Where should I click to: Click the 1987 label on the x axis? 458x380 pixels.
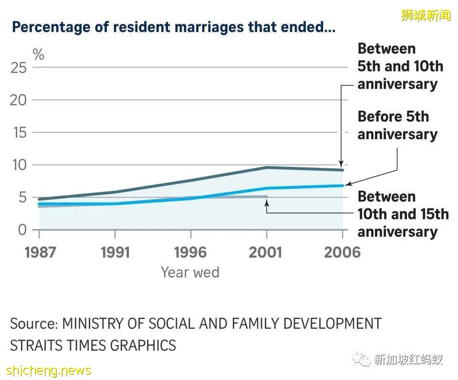coord(40,252)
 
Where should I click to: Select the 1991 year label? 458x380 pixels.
coord(115,252)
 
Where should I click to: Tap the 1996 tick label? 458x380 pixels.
coord(191,252)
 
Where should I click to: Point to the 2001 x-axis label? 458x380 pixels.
coord(266,252)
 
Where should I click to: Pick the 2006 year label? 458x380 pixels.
coord(342,252)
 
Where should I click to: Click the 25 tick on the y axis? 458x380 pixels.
coord(19,68)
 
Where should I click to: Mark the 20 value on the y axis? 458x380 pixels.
coord(19,100)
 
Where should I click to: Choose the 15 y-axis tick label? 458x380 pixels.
coord(19,133)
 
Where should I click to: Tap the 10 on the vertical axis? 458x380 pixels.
coord(19,165)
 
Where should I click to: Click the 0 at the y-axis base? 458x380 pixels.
coord(22,230)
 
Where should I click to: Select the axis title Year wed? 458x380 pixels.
coord(190,272)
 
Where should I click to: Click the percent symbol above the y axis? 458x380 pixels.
coord(38,54)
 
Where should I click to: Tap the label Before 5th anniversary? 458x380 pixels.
coord(397,125)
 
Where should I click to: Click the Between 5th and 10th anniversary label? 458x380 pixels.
coord(400,66)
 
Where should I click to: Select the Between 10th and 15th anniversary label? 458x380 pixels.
coord(403,214)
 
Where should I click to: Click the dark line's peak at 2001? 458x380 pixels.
coord(266,167)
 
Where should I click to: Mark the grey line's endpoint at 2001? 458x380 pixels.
coord(266,196)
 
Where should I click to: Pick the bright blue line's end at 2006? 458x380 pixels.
coord(342,185)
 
